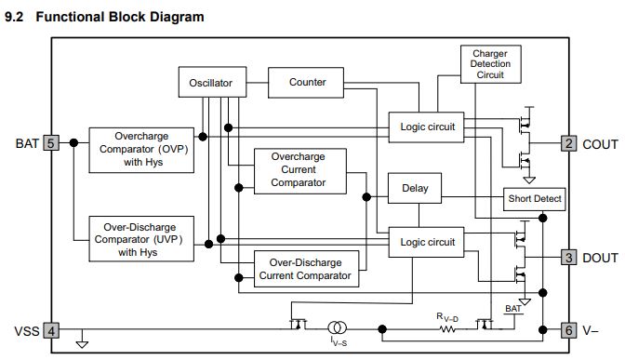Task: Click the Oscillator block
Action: [212, 82]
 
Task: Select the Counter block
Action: [306, 83]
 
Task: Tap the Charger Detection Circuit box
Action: [491, 64]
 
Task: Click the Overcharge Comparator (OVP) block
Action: [141, 150]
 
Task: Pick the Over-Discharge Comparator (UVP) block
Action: [141, 239]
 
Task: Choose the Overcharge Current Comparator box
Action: [300, 171]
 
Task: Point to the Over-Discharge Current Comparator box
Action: [307, 269]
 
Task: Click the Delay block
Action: [415, 188]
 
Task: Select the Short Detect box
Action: [534, 199]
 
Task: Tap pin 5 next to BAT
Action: [51, 142]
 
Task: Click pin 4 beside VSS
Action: [51, 330]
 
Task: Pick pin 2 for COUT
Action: [569, 143]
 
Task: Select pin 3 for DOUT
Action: [569, 257]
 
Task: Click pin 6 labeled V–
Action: [569, 330]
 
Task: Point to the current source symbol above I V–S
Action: [338, 328]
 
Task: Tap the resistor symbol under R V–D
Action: [447, 329]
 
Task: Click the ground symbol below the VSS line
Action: [82, 343]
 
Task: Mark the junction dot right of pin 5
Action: [73, 142]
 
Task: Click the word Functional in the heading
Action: [69, 17]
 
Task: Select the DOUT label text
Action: [600, 258]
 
